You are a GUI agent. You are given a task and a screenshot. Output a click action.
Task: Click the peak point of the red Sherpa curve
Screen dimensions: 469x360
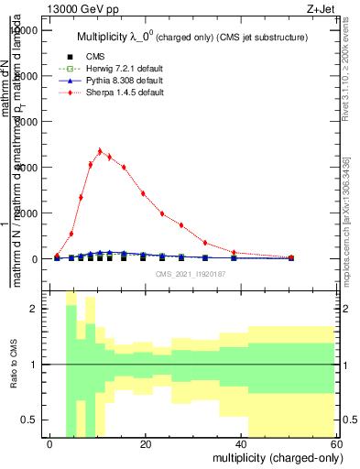[x=100, y=151]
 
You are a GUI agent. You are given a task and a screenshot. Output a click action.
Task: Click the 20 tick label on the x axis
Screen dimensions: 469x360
[x=146, y=444]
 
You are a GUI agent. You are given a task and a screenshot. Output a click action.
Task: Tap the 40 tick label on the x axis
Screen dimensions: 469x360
[x=242, y=444]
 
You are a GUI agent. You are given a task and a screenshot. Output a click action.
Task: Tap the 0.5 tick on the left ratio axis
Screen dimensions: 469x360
[x=36, y=420]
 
